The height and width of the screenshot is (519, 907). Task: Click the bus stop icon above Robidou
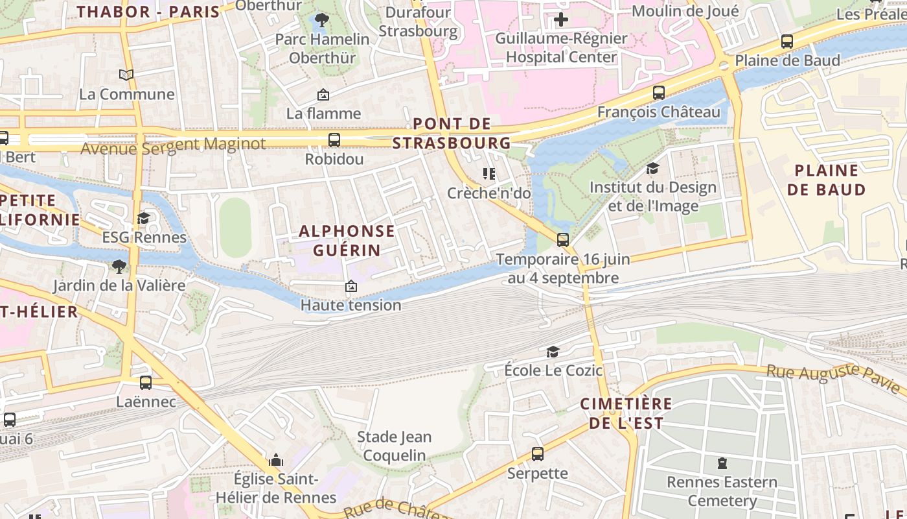click(x=334, y=139)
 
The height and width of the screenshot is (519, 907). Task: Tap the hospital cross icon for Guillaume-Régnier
click(x=561, y=20)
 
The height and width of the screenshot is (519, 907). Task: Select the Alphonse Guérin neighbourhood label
click(x=347, y=240)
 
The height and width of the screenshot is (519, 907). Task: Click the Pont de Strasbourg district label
click(x=452, y=133)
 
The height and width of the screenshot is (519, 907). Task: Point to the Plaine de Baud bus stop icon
click(x=787, y=42)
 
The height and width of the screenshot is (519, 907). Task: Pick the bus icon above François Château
click(x=659, y=93)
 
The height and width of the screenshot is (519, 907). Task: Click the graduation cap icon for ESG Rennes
click(x=143, y=218)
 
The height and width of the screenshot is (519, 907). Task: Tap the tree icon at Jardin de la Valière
click(x=119, y=266)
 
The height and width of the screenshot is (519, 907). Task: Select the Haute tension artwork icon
click(x=350, y=286)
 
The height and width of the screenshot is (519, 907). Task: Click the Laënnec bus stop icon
click(x=146, y=383)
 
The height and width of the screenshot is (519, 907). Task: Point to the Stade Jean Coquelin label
click(x=394, y=446)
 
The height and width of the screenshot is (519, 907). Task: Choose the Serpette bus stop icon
click(x=537, y=454)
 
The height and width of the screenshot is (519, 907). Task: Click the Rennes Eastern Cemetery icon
click(x=722, y=463)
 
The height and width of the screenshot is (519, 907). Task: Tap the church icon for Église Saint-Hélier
click(x=276, y=461)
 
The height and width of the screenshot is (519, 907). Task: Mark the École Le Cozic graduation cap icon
click(x=553, y=352)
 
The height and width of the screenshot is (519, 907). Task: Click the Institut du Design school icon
click(x=652, y=169)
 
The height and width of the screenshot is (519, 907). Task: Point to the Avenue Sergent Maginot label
click(x=173, y=145)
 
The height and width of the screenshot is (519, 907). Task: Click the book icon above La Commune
click(x=126, y=75)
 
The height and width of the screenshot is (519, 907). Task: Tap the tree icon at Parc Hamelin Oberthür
click(x=321, y=20)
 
